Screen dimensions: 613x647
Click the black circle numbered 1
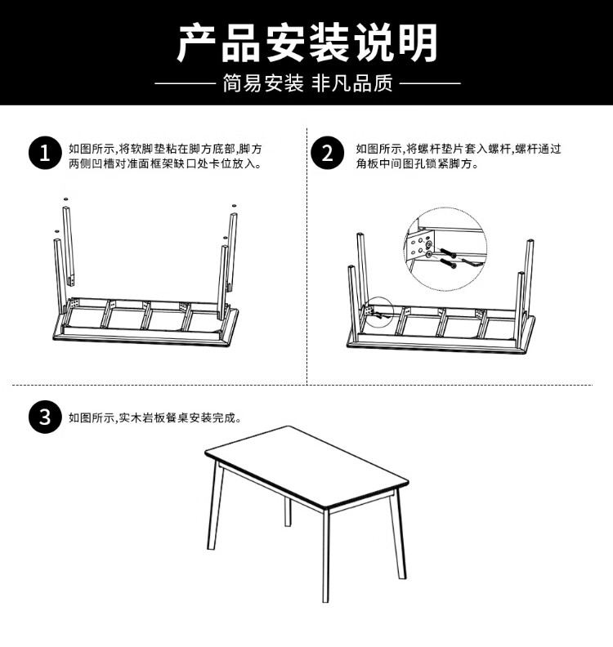click(45, 153)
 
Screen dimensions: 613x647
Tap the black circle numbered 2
click(328, 153)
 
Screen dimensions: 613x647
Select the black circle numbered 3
click(45, 417)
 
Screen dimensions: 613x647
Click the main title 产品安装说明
click(308, 42)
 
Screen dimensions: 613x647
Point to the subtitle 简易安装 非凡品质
click(307, 83)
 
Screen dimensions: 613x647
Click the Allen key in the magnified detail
click(470, 262)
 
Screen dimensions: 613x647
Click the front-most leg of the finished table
click(325, 556)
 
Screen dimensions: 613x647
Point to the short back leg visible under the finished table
click(288, 511)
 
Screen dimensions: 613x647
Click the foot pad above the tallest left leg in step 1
click(65, 199)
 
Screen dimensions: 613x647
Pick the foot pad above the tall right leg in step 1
click(234, 205)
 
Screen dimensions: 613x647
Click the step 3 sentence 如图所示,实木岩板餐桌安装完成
click(155, 417)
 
